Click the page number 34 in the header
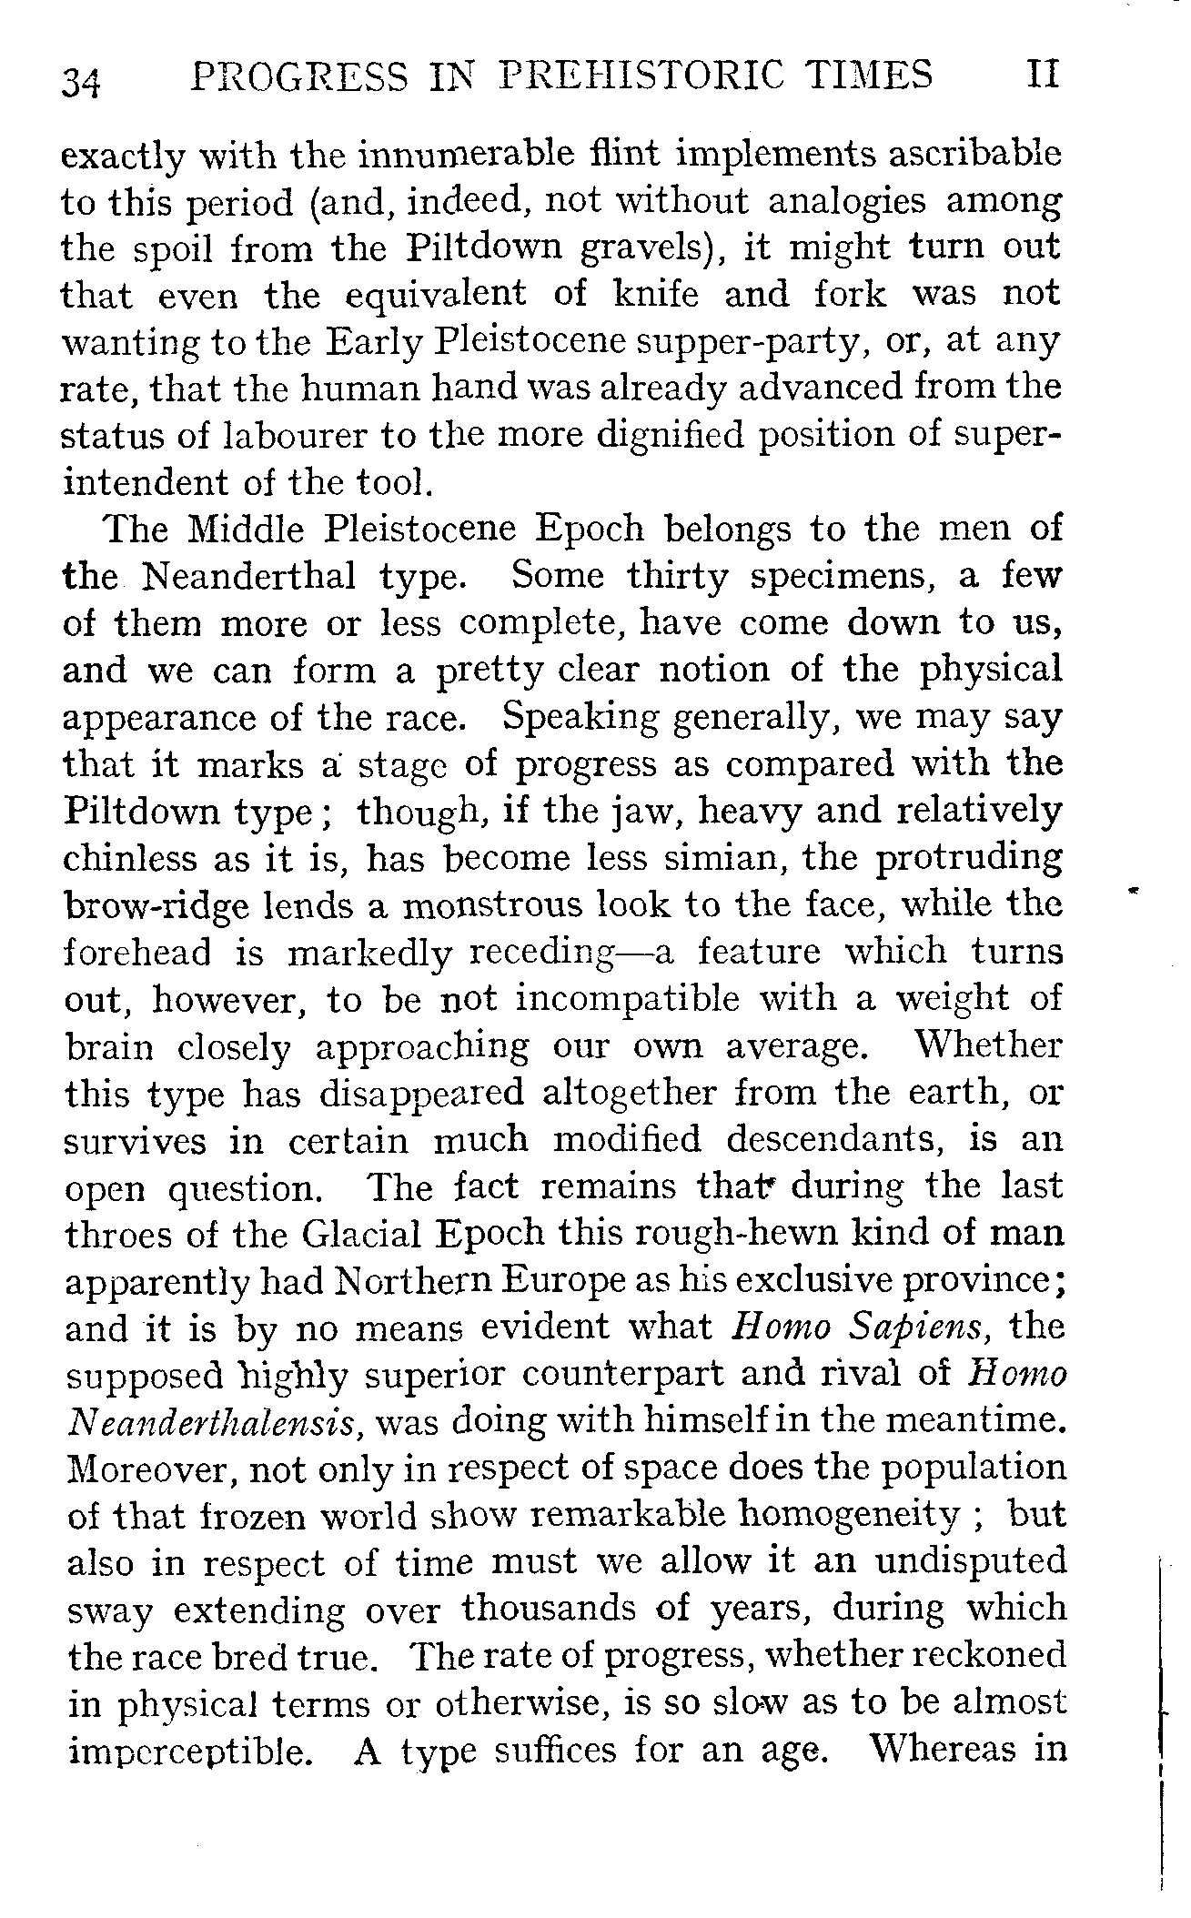(x=82, y=80)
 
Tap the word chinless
(x=131, y=858)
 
